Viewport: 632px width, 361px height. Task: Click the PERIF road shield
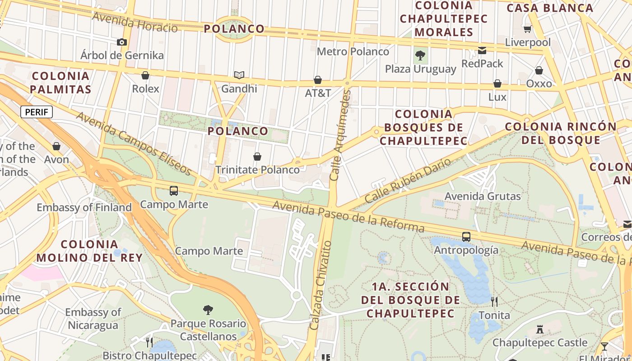37,112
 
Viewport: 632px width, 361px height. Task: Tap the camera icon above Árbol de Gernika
121,42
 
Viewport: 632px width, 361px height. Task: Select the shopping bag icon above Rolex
145,75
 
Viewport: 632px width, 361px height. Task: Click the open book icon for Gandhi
239,75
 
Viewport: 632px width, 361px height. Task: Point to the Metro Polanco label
353,51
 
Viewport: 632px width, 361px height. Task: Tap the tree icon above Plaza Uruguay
420,56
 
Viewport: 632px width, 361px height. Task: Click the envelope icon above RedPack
482,51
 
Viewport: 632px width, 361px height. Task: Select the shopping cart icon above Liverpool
527,29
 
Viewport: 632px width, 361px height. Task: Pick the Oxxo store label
539,83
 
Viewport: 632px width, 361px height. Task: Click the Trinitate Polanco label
257,170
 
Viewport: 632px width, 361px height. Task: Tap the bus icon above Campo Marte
174,191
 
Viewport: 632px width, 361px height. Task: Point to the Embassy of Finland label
84,208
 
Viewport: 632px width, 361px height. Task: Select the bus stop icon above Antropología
466,237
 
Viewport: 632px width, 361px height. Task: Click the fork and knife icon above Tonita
494,301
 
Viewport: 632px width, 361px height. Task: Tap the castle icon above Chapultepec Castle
539,329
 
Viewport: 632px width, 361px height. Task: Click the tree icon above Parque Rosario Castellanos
208,310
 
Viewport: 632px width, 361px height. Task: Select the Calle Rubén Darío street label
408,180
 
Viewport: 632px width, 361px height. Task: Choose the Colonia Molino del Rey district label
89,251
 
